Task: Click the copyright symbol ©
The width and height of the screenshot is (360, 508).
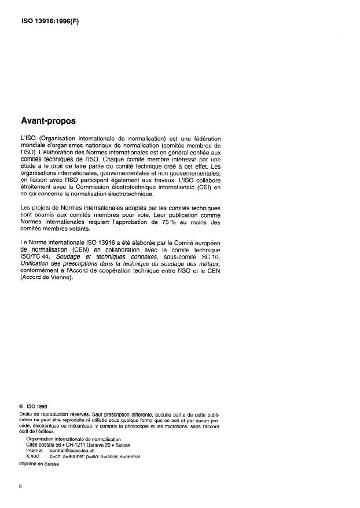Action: click(x=21, y=406)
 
